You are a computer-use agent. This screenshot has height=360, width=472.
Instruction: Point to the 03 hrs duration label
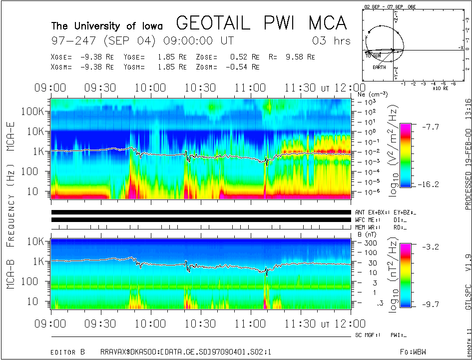(x=331, y=40)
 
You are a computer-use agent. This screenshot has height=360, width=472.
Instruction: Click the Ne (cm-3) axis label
(x=373, y=93)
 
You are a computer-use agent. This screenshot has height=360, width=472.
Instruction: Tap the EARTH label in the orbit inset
(x=379, y=67)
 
